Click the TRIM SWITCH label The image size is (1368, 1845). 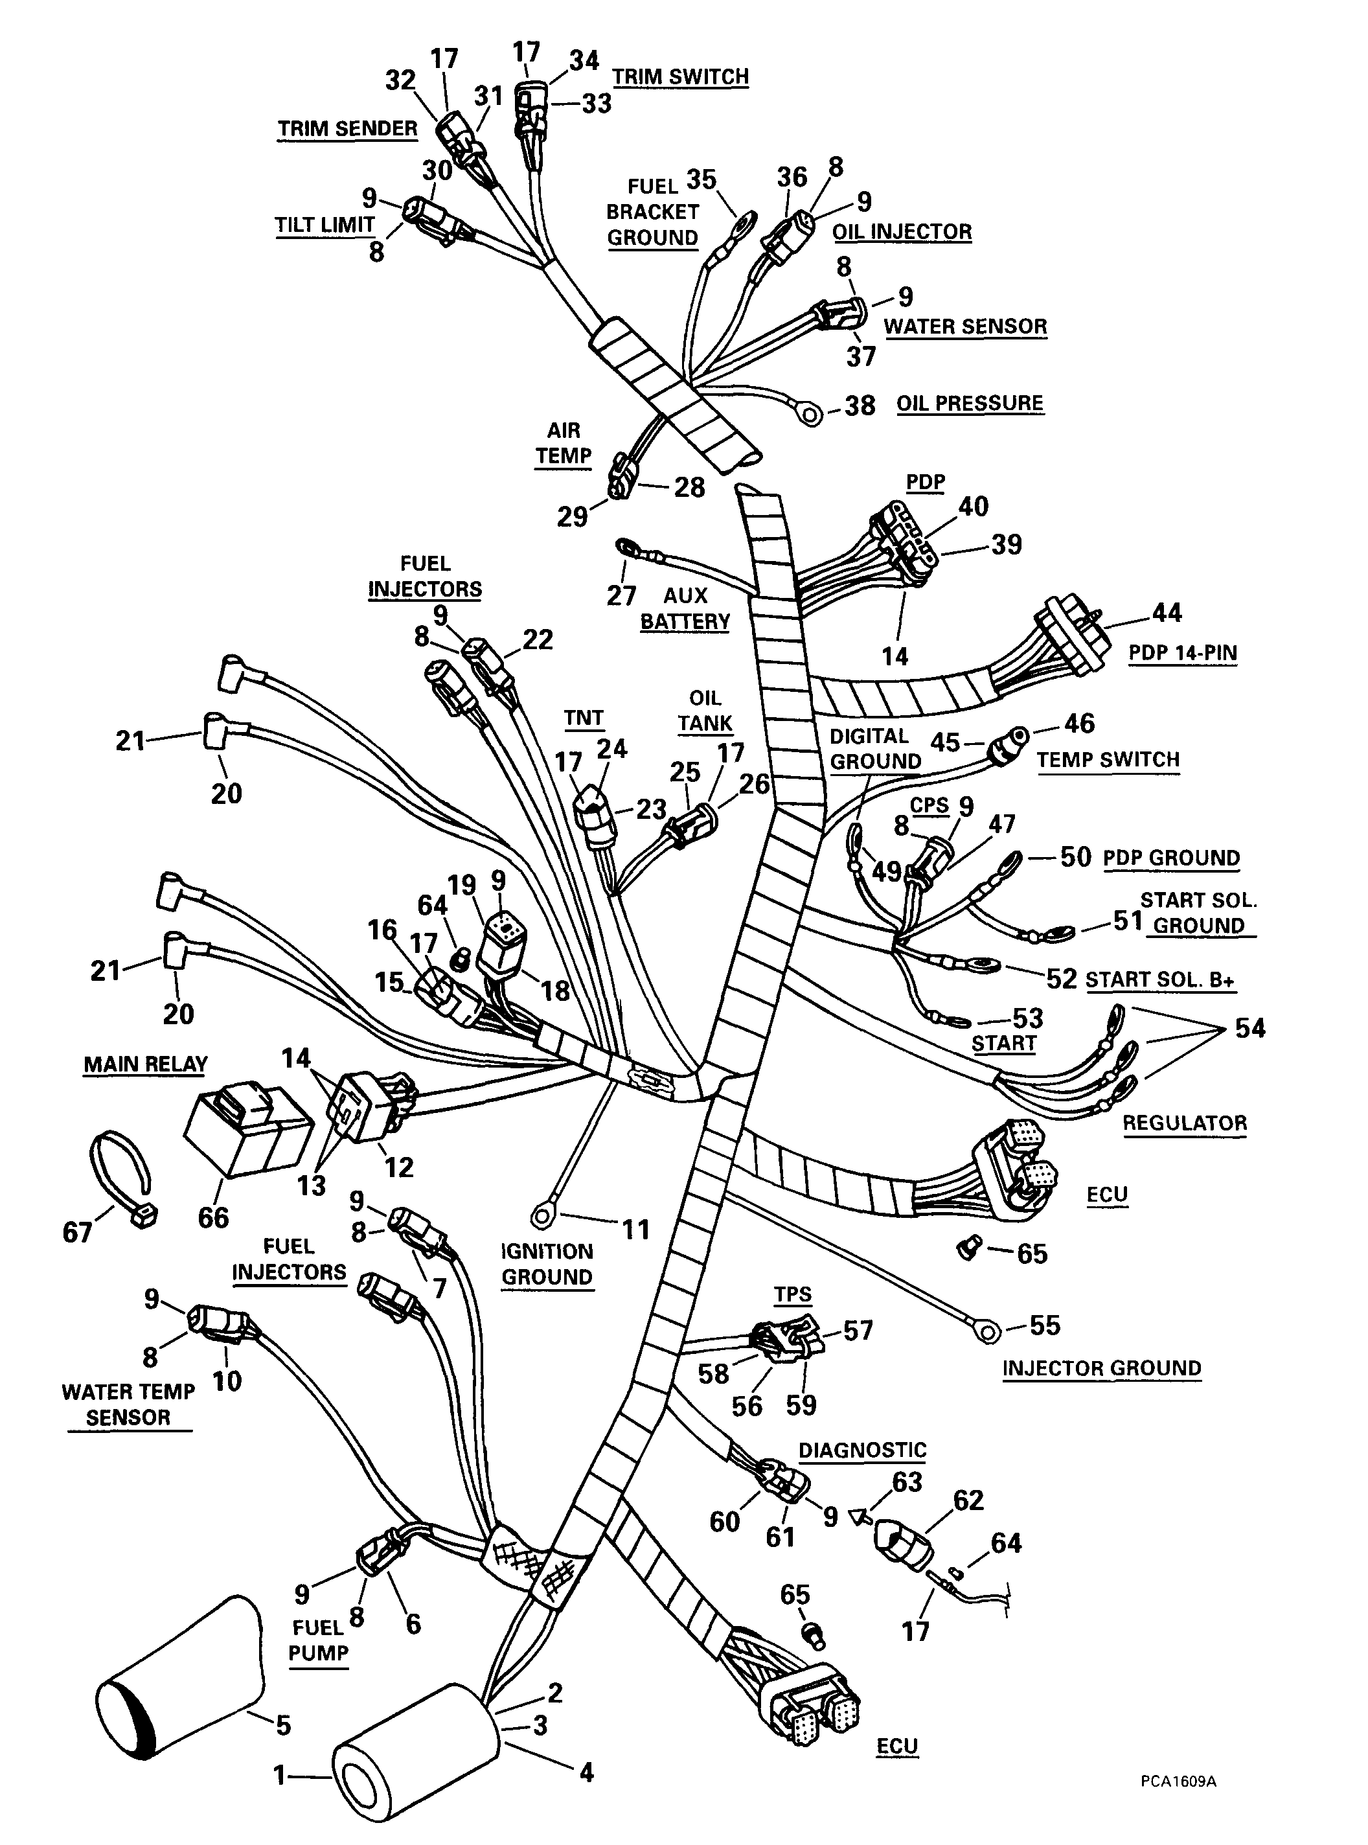[680, 77]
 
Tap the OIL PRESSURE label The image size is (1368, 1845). [970, 404]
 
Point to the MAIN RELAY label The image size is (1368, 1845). [145, 1064]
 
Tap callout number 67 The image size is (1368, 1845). [77, 1233]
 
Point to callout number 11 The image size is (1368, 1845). [635, 1230]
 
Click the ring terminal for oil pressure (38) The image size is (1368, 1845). [812, 413]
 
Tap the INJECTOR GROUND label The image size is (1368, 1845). [1101, 1368]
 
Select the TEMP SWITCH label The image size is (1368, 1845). [1108, 760]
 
